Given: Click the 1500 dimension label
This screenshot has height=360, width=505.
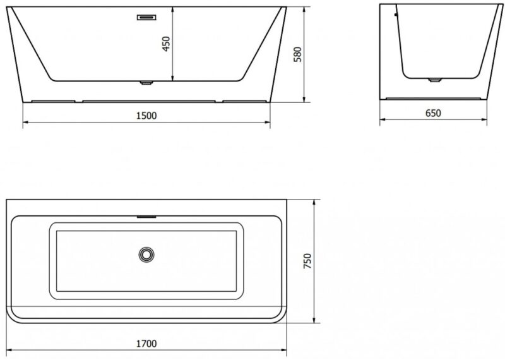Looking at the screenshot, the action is (146, 116).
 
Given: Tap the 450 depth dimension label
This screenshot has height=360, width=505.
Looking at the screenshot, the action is (166, 44).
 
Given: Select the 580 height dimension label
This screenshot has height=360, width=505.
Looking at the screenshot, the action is (298, 54).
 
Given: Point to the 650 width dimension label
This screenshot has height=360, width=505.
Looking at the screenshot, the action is (433, 113).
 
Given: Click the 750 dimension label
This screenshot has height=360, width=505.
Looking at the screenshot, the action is (307, 261).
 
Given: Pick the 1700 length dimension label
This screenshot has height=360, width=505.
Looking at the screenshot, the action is (146, 344).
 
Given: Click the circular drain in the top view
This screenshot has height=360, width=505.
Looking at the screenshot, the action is (146, 255).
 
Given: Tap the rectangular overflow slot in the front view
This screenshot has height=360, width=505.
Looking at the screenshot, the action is (146, 17).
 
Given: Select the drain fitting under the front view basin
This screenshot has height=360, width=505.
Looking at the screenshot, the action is (146, 83).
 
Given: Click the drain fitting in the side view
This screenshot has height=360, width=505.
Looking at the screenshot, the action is (434, 80).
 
